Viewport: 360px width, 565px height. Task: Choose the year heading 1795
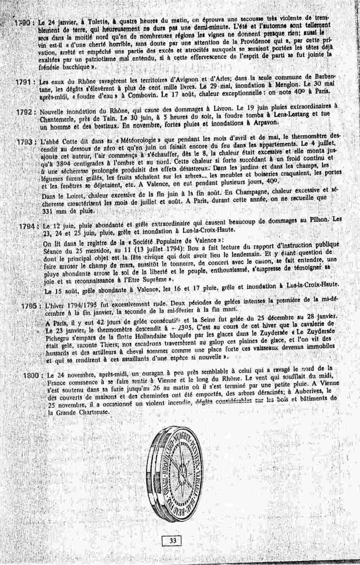[30, 306]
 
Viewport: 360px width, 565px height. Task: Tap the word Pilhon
[319, 221]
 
